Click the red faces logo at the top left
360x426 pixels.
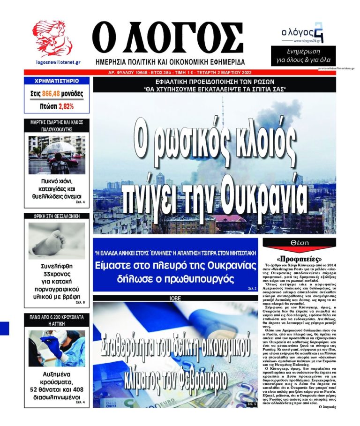tap(52, 39)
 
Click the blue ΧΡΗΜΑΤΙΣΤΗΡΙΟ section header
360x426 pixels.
tap(56, 81)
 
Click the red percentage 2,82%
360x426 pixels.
tap(66, 106)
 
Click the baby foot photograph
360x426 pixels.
tap(56, 240)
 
